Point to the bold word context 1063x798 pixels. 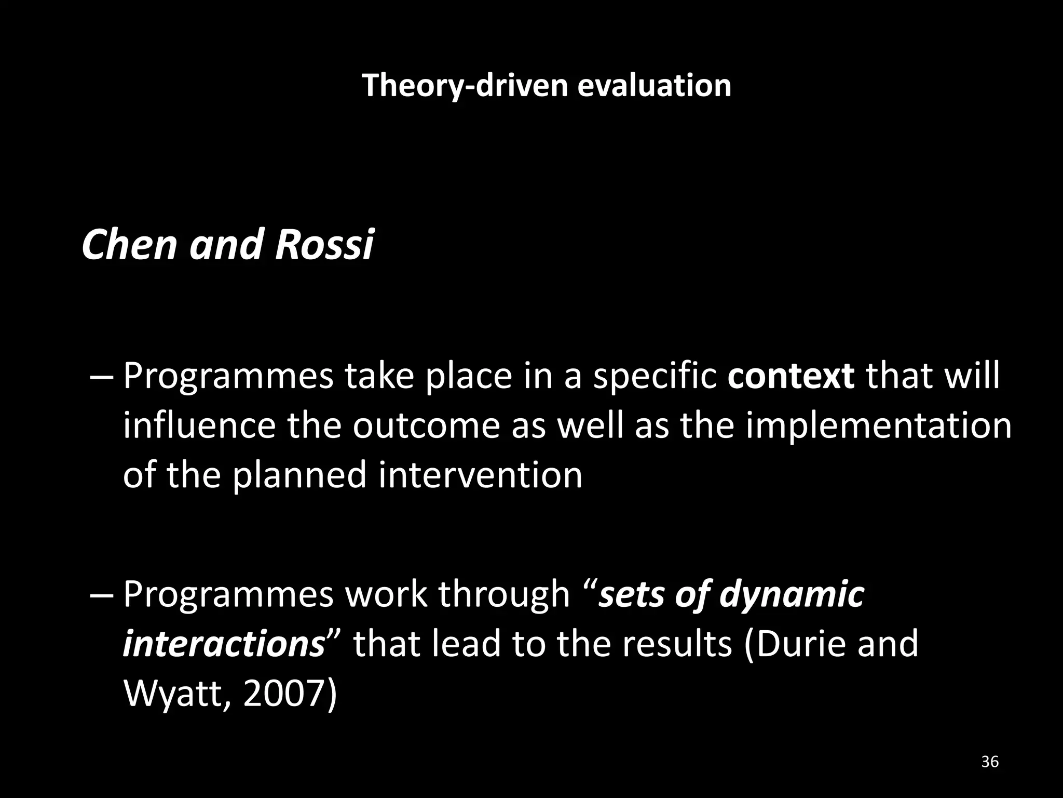tap(791, 376)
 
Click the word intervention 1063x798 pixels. tap(480, 475)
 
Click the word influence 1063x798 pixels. tap(199, 426)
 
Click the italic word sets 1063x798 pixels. tap(630, 594)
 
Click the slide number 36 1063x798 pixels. tap(990, 762)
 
